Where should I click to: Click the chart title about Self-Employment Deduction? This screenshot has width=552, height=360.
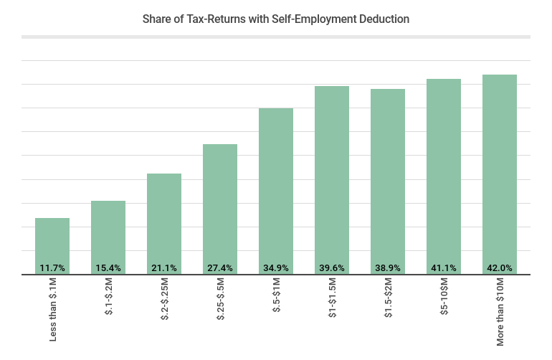pos(276,19)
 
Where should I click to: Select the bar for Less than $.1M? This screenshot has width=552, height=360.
pos(52,244)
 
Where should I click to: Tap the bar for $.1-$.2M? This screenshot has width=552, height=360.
pos(108,235)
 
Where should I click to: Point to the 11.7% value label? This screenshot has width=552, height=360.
pos(52,268)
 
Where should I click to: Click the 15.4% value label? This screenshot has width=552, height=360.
pos(108,268)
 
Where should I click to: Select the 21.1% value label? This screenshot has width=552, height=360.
pos(164,268)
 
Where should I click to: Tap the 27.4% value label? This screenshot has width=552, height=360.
pos(220,268)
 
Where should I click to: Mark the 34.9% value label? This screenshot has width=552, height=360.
pos(276,268)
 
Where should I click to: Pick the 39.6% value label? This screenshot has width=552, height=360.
pos(332,268)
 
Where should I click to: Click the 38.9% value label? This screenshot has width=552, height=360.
pos(388,268)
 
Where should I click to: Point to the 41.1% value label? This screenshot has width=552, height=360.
pos(444,268)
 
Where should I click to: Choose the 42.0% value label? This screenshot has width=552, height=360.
pos(500,268)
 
